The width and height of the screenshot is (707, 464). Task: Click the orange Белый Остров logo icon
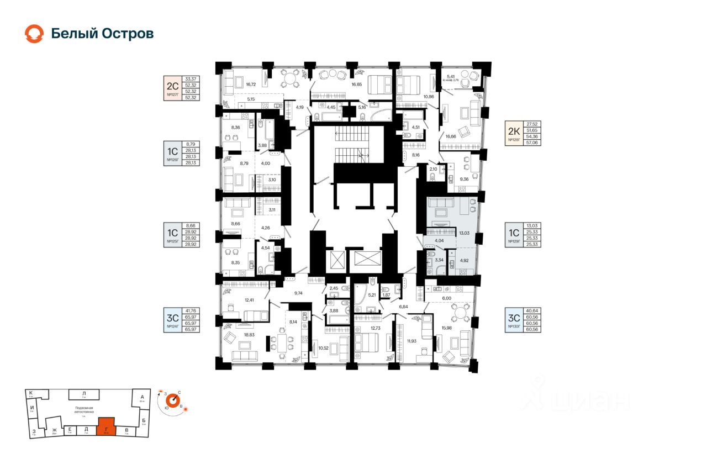tap(34, 34)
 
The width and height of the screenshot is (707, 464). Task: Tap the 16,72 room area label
tap(251, 85)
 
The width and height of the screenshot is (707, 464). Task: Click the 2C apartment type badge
tap(172, 85)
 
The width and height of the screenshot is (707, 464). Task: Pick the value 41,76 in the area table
tap(191, 312)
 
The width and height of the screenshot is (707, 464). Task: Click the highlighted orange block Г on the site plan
tap(107, 427)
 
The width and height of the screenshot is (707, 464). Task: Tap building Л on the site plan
tap(84, 394)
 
